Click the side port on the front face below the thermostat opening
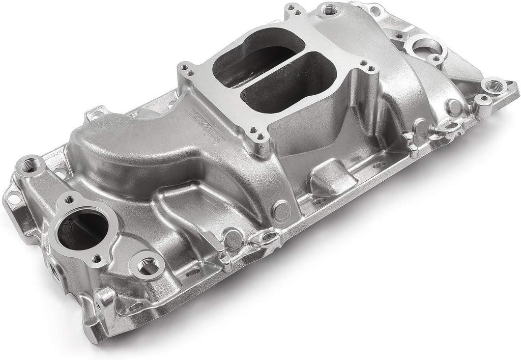[x=53, y=266]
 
